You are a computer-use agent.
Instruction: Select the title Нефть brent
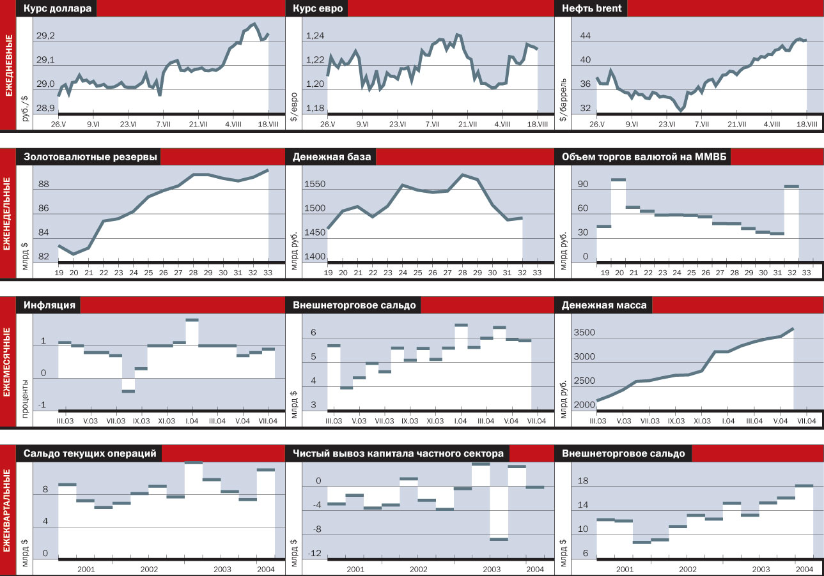591,9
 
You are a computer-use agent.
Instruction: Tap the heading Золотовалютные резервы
90,158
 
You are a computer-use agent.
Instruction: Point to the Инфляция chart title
49,305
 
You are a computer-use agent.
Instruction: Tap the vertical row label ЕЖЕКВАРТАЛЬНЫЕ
8,511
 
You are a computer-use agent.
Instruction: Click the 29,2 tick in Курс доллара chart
45,36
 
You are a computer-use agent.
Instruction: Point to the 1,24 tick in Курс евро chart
315,36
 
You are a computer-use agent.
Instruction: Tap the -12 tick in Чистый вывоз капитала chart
315,553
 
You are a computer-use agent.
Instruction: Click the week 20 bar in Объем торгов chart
618,180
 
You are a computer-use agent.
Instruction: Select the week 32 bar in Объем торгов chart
791,186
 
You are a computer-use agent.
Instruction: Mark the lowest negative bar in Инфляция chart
128,391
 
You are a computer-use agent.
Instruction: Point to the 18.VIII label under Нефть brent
806,124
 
